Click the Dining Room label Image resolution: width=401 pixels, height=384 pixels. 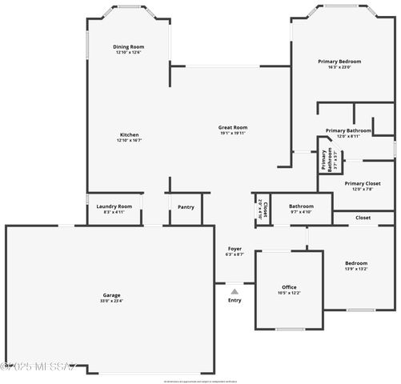click(x=128, y=47)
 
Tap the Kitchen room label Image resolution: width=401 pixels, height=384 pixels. click(x=129, y=134)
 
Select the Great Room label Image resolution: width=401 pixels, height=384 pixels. click(x=233, y=127)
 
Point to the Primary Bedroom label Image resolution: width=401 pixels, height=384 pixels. click(x=339, y=62)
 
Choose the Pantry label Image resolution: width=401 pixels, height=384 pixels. click(x=186, y=207)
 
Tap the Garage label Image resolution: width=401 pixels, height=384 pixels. click(x=111, y=295)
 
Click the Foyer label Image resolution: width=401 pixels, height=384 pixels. click(x=235, y=249)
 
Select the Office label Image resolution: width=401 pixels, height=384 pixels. click(x=289, y=287)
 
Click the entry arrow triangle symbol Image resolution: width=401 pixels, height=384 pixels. click(x=235, y=291)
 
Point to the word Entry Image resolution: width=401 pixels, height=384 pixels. click(x=235, y=301)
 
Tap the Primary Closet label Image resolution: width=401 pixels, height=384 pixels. click(x=363, y=183)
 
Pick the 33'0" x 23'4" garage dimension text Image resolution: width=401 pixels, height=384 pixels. click(x=111, y=301)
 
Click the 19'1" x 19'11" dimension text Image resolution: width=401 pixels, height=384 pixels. click(x=233, y=133)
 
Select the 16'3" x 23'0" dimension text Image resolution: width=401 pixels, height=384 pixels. click(x=339, y=67)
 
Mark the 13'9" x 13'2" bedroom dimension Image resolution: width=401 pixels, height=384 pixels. click(x=356, y=270)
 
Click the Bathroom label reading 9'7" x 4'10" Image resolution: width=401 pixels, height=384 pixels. click(x=301, y=206)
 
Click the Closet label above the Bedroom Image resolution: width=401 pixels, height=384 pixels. click(x=363, y=218)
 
